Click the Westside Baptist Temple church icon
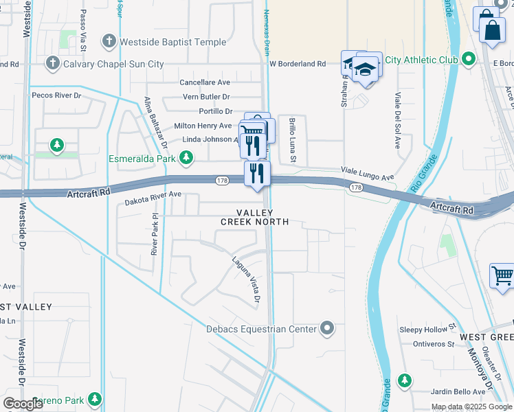pos(109,42)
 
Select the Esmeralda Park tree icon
pos(186,159)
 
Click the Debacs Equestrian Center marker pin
pos(328,329)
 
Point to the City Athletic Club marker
pos(469,60)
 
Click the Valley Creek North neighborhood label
pos(254,217)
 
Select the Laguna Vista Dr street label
pos(245,279)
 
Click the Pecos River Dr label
pos(56,95)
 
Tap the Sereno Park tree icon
pos(94,399)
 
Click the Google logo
pos(23,404)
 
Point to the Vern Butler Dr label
pos(206,97)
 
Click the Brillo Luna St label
pos(292,140)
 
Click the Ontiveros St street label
pos(433,344)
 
